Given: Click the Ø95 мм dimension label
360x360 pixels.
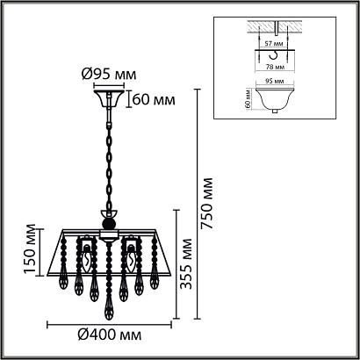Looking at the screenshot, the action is click(x=109, y=75).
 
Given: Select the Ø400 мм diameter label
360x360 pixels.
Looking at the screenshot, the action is click(x=110, y=335).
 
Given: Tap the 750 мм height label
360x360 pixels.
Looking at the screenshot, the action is click(x=207, y=203).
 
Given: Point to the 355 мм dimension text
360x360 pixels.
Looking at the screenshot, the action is click(x=186, y=264).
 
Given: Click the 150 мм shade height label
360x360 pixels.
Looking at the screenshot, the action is click(x=30, y=249).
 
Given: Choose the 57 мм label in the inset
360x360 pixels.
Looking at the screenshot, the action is click(x=274, y=45).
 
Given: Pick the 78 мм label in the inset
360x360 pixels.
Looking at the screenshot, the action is click(x=274, y=67).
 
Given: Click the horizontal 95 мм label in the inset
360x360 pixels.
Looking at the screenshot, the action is click(x=274, y=81).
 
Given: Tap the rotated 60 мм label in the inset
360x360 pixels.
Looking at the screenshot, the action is click(x=248, y=98).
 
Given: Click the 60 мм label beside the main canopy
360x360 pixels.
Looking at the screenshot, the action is click(x=154, y=100).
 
